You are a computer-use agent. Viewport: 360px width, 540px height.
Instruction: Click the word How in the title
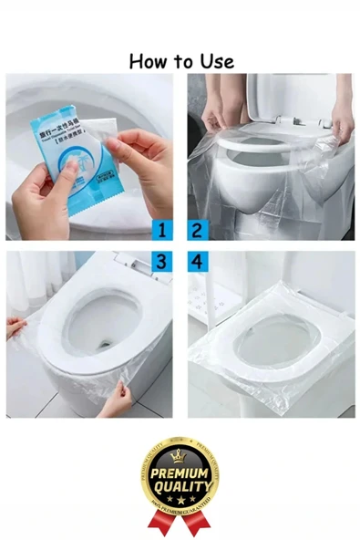click(x=148, y=61)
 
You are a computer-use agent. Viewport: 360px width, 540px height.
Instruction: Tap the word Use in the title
click(x=215, y=61)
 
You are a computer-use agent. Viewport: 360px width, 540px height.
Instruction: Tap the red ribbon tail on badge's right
click(x=201, y=523)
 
